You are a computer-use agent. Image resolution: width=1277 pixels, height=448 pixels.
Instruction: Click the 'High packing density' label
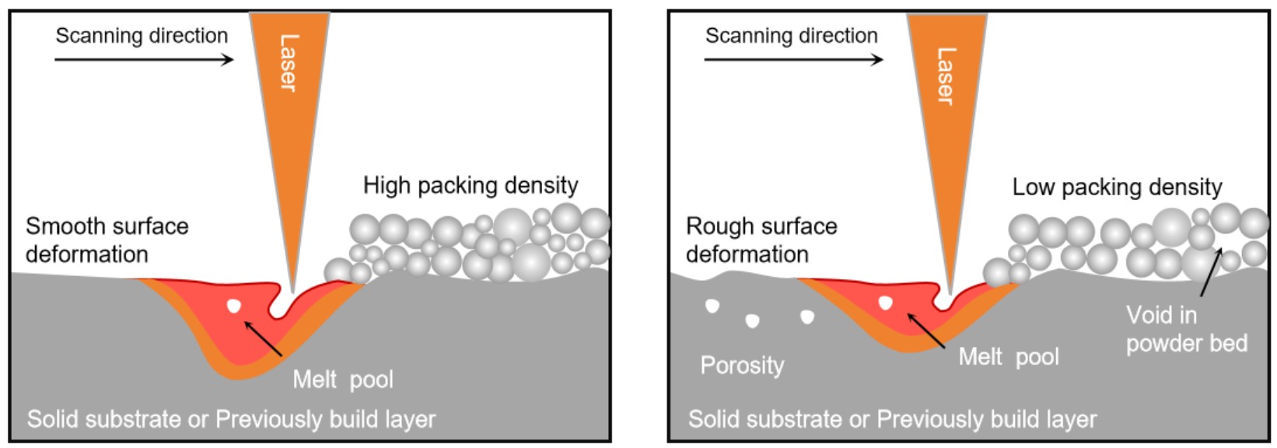click(x=471, y=185)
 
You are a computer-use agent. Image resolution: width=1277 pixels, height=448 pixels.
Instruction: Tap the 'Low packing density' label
click(x=1117, y=187)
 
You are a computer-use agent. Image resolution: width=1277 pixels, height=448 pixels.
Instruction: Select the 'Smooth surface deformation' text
click(x=107, y=240)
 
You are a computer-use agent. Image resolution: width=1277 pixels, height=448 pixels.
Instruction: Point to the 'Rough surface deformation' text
click(x=761, y=240)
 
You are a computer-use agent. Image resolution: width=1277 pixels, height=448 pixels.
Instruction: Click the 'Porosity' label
click(x=742, y=365)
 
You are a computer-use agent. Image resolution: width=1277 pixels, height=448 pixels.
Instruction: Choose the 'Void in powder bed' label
click(x=1186, y=329)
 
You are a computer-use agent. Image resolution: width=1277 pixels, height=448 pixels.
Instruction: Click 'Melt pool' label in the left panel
click(x=343, y=380)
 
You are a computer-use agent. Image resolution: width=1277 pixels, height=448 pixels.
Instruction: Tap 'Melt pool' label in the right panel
click(x=1009, y=357)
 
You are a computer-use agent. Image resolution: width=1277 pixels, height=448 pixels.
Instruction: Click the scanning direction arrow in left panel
click(x=144, y=60)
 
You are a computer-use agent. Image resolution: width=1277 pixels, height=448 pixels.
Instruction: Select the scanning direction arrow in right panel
click(x=793, y=60)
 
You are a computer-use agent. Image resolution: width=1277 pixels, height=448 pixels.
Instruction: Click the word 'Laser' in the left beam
click(x=289, y=63)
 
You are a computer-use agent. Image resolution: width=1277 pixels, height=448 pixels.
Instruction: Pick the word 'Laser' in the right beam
click(x=946, y=76)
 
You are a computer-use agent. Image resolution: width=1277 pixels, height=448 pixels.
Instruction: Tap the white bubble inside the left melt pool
click(x=233, y=306)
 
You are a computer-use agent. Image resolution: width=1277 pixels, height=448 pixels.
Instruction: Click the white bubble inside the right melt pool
click(x=885, y=303)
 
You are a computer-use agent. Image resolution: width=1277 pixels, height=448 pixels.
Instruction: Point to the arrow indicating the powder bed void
click(x=1211, y=271)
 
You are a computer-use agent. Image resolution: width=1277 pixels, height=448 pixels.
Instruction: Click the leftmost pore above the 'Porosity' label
click(x=712, y=306)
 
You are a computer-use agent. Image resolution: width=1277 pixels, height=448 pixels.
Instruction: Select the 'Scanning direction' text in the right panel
click(x=791, y=36)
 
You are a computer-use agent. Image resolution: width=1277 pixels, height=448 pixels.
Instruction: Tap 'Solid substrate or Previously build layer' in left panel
click(x=231, y=419)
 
